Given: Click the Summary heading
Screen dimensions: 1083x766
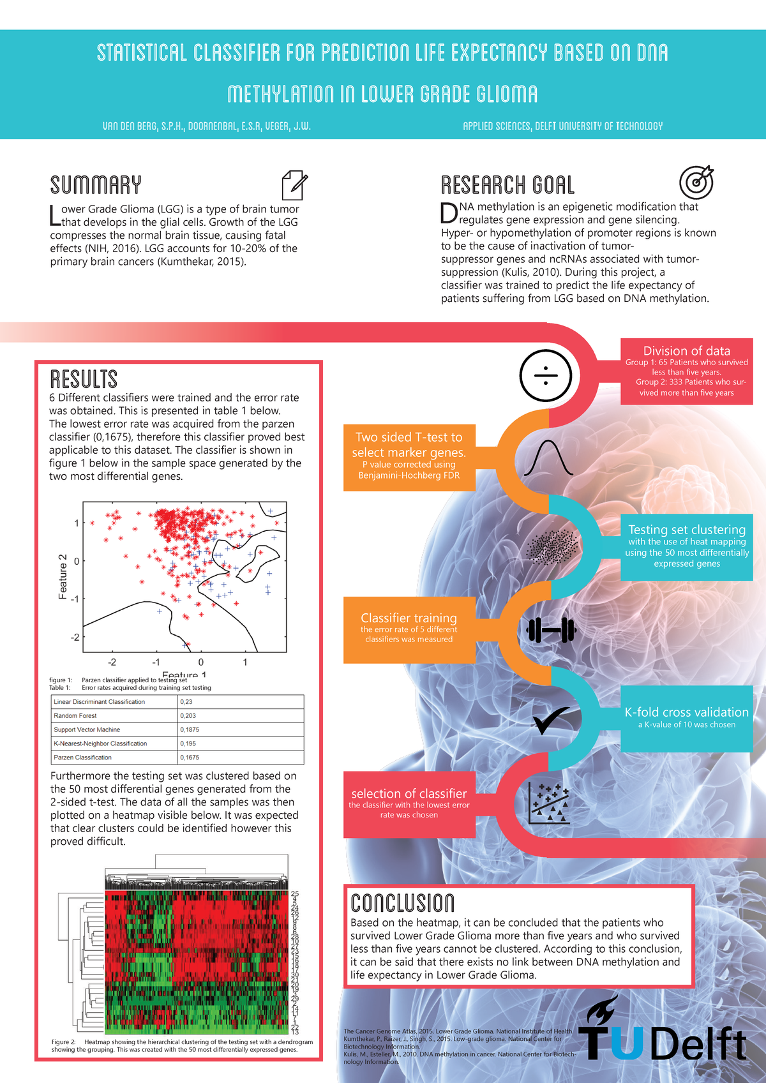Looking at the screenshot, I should (x=96, y=185).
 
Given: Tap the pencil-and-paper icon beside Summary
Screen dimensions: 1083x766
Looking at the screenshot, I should (x=295, y=185).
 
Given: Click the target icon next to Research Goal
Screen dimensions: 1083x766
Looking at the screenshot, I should (x=696, y=183).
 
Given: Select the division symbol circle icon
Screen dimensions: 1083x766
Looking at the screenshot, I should (x=546, y=375).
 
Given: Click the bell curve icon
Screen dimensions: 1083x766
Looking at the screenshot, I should (x=548, y=458).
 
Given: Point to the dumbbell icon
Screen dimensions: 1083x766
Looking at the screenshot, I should (x=552, y=631).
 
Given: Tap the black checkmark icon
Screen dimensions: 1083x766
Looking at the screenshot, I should (x=551, y=721).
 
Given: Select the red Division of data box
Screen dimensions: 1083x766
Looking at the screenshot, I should (x=687, y=371).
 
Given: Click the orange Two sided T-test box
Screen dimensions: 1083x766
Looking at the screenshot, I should (x=409, y=457).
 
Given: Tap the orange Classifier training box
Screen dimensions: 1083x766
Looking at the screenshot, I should (x=409, y=629).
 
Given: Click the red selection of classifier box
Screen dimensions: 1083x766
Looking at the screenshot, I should (x=409, y=804).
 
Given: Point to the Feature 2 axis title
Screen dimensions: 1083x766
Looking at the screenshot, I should (x=63, y=577).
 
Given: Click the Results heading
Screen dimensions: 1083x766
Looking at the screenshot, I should (x=84, y=379).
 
